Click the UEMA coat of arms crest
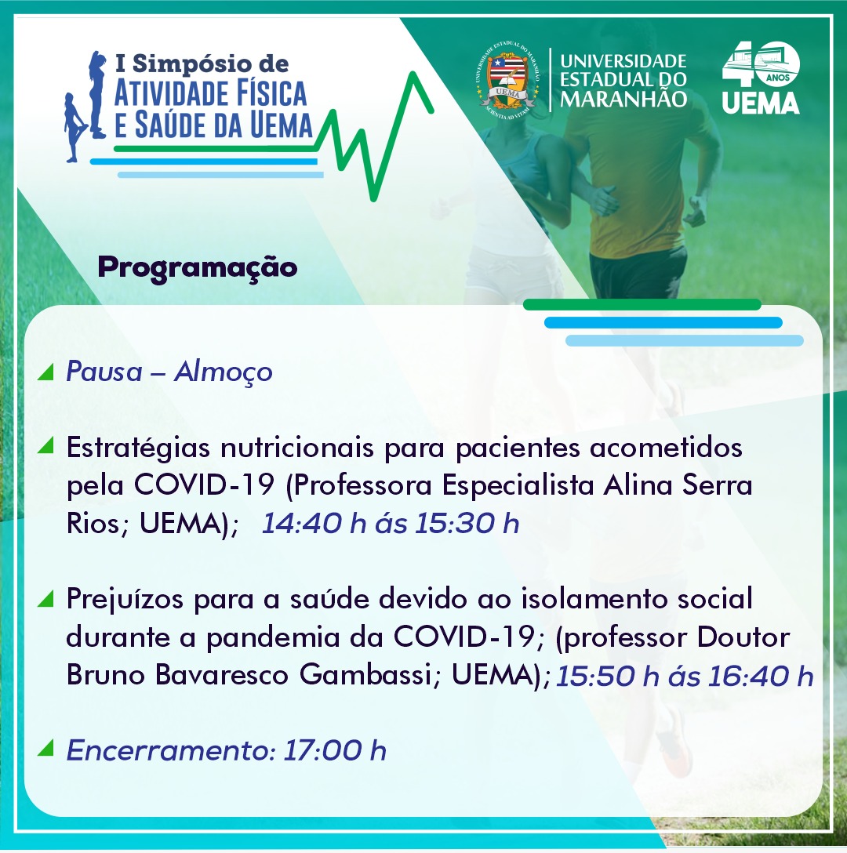click(x=508, y=80)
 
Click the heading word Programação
click(x=198, y=268)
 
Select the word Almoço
click(x=224, y=373)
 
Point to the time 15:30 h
click(x=467, y=524)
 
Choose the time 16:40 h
click(x=761, y=676)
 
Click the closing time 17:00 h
click(x=335, y=751)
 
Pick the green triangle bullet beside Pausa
click(x=45, y=372)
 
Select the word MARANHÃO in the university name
click(x=623, y=100)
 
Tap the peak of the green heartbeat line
click(x=414, y=74)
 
